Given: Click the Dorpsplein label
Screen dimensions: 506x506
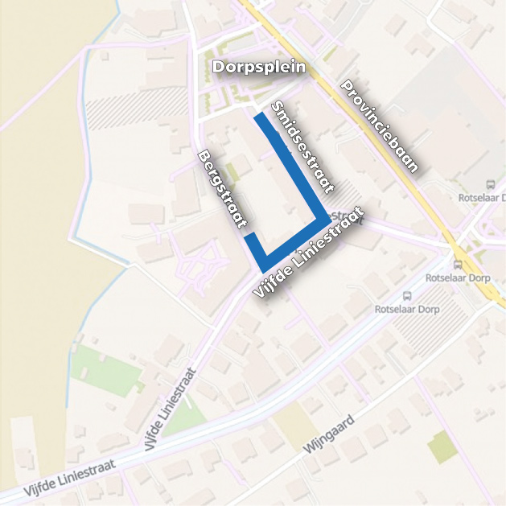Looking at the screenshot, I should click(259, 68).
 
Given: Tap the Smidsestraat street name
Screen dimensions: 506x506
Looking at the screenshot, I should click(302, 148).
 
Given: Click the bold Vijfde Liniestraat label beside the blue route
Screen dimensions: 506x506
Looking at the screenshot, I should click(308, 253).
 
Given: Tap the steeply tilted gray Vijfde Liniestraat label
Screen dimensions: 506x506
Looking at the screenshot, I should click(171, 409).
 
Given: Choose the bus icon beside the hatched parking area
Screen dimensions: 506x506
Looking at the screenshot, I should click(406, 295).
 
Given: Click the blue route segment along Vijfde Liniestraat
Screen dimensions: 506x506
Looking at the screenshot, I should click(294, 241).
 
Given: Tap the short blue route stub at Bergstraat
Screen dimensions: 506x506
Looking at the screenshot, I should click(252, 239).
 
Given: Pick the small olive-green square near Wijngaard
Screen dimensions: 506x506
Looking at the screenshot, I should click(442, 447).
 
